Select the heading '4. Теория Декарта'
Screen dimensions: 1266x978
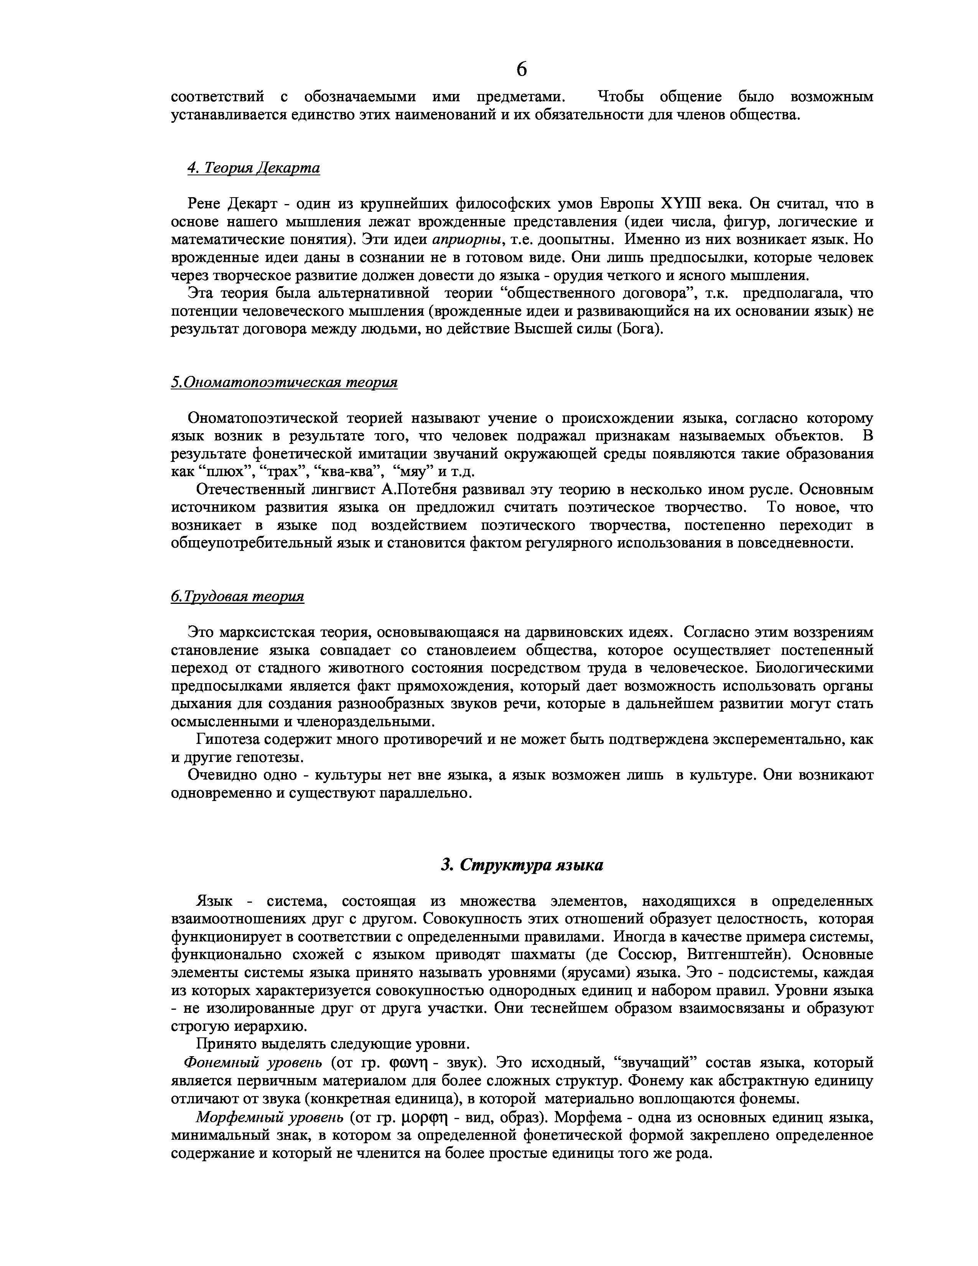[253, 168]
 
